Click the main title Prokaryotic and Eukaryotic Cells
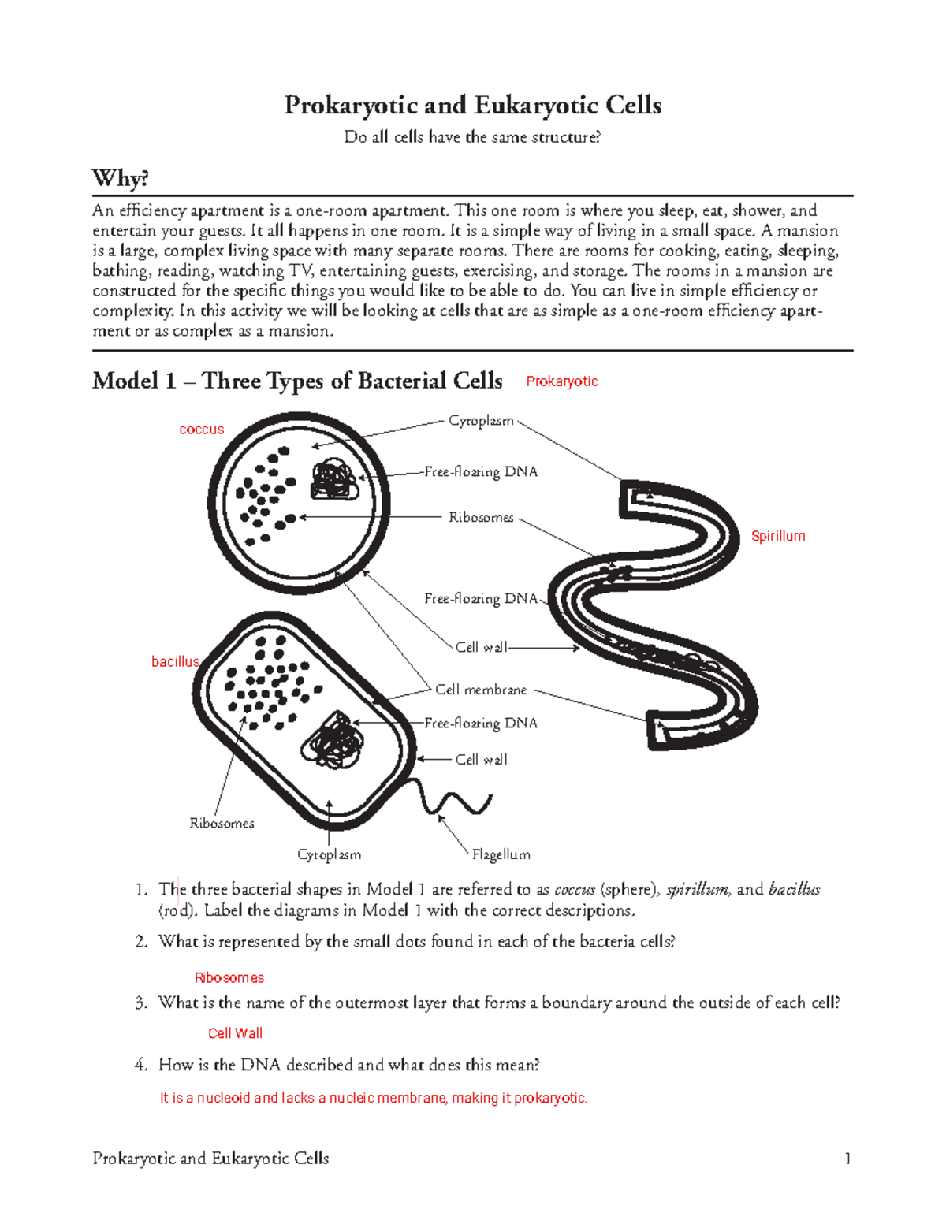472,106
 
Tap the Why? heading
120,178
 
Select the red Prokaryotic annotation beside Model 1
561,381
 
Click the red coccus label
201,430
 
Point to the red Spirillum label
777,536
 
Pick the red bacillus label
175,661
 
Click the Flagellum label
501,854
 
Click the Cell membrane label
481,690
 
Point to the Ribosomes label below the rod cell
222,823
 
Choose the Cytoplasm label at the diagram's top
481,421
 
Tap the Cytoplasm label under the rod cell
329,854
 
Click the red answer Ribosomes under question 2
229,977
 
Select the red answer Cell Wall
235,1033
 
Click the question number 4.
140,1065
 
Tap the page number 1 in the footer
847,1158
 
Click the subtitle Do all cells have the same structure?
472,137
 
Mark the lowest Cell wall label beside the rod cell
481,759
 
